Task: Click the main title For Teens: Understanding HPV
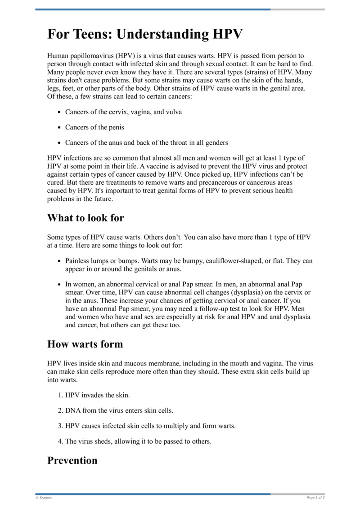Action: coord(145,35)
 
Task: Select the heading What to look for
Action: coord(85,218)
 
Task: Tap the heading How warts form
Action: coord(85,344)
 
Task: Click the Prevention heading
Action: coord(72,460)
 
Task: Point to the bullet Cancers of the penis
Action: coord(94,127)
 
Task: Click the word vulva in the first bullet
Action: coord(173,112)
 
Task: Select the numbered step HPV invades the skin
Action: coord(97,395)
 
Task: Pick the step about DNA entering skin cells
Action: coord(119,410)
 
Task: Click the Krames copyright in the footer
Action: coord(44,498)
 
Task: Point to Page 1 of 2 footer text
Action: coord(315,498)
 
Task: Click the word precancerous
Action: coord(206,183)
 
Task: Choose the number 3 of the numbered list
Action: coord(60,426)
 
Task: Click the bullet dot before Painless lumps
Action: coord(59,261)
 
